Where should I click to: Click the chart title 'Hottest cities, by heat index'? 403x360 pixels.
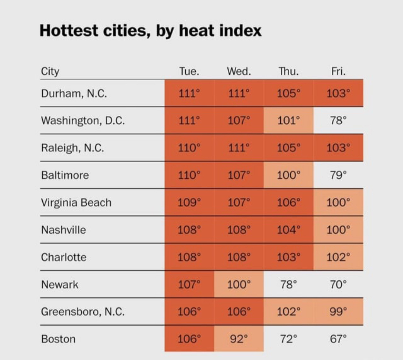click(151, 30)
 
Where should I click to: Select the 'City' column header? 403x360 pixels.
click(50, 71)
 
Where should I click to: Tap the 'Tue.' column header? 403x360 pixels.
click(189, 71)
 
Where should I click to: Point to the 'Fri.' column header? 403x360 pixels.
click(338, 71)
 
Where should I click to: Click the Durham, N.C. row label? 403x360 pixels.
click(74, 93)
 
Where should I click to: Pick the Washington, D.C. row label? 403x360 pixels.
click(83, 120)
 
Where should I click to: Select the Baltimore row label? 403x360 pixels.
click(65, 175)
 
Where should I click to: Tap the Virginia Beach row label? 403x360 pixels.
click(76, 202)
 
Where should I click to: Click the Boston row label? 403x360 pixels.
click(58, 339)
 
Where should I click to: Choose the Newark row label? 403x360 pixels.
click(60, 284)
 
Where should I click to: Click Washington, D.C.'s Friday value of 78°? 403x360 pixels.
click(338, 120)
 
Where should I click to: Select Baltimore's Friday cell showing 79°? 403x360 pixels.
click(338, 175)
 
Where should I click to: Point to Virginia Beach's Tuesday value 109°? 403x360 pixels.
click(189, 202)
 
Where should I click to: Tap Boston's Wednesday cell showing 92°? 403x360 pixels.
click(239, 339)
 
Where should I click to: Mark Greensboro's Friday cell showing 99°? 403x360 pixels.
click(338, 311)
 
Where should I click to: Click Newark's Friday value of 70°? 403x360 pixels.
click(338, 284)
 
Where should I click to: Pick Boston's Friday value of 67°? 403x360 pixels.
click(338, 339)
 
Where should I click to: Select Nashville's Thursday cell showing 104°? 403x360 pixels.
click(289, 229)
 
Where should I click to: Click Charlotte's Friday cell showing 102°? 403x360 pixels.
click(338, 257)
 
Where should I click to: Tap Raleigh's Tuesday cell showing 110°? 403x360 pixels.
click(189, 148)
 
